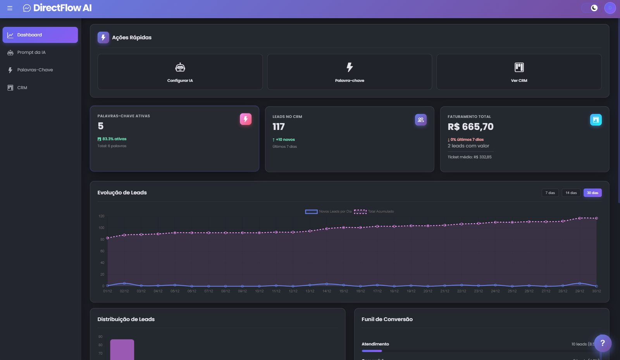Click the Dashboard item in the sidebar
pos(40,35)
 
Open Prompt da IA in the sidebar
pos(31,52)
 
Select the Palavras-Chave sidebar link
pos(35,70)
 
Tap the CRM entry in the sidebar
pos(22,88)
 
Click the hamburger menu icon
pos(10,8)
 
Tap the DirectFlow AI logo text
pos(62,8)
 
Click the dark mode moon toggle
pos(594,8)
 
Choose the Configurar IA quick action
pos(180,72)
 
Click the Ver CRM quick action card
pos(519,72)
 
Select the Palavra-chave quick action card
pos(350,72)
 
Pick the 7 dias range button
pos(550,193)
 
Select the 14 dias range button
pos(571,193)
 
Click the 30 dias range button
pos(592,193)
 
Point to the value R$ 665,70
pos(470,127)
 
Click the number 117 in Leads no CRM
pos(279,127)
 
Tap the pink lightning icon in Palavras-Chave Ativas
pos(246,119)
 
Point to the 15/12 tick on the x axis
pos(344,291)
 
